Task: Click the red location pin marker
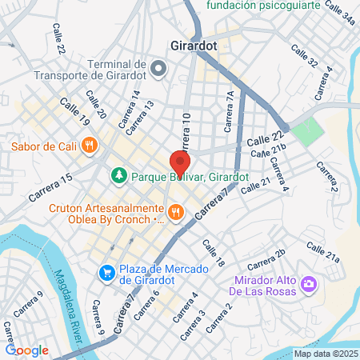(177, 164)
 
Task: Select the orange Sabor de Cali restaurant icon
(89, 146)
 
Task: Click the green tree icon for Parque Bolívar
(118, 174)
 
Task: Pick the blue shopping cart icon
(106, 273)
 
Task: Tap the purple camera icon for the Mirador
(308, 284)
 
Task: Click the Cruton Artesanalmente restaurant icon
(177, 213)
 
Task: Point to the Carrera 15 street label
(50, 186)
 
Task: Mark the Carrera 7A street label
(230, 104)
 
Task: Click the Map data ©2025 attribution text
(326, 354)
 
